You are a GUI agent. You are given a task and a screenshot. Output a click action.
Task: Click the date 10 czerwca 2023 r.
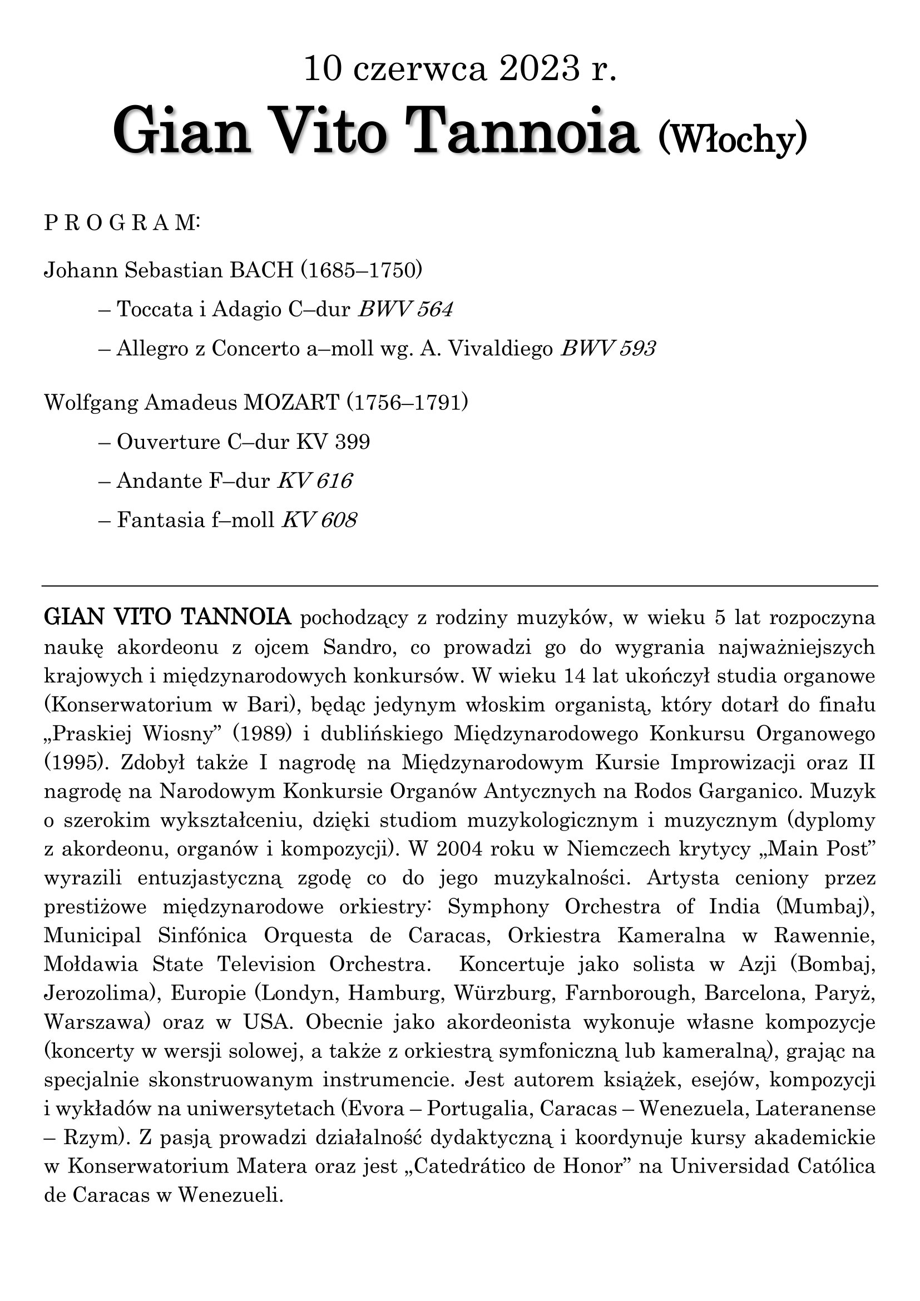click(459, 70)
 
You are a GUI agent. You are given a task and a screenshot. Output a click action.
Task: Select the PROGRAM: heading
click(122, 223)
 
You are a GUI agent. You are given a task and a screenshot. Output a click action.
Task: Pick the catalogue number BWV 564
click(405, 309)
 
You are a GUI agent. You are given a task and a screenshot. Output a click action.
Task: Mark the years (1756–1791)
click(407, 403)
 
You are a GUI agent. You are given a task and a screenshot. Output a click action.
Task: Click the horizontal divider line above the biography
click(459, 585)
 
